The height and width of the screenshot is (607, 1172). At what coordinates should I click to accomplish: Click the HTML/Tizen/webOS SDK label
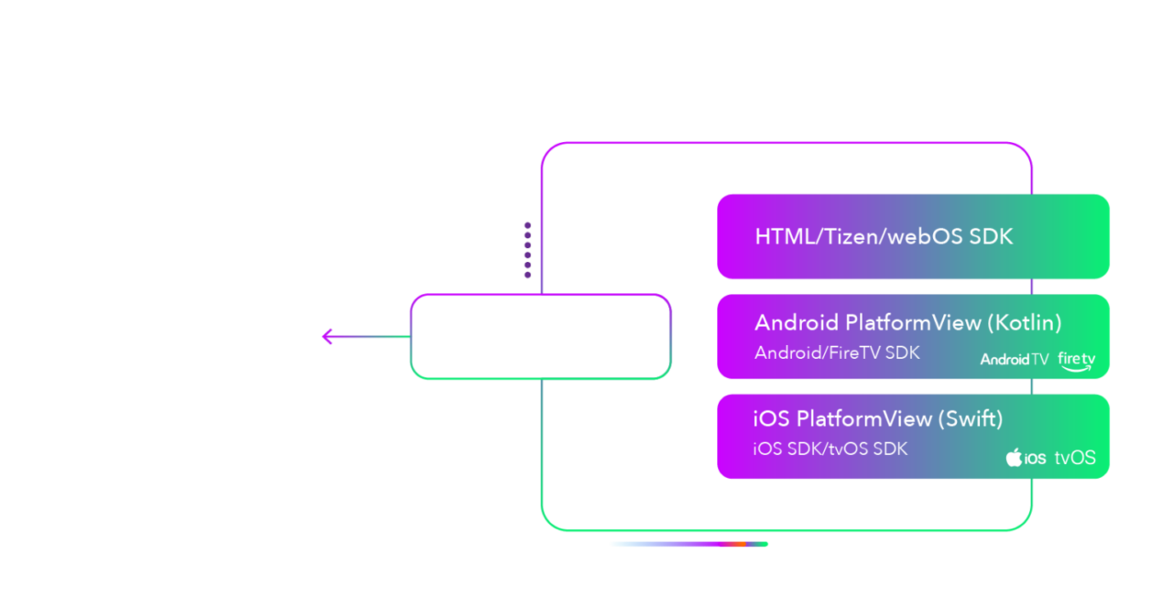click(x=884, y=236)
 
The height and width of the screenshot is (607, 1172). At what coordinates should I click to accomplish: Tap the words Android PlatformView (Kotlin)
click(x=907, y=323)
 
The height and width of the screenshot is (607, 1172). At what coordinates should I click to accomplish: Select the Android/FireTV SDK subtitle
click(x=837, y=352)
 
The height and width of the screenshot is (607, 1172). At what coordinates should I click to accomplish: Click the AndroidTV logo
click(x=1015, y=360)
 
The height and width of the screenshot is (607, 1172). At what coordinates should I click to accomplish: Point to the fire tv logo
click(x=1076, y=361)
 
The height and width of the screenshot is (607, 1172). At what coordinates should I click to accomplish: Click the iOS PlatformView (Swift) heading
click(x=877, y=418)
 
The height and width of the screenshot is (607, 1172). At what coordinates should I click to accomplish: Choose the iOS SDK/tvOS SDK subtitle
click(x=830, y=449)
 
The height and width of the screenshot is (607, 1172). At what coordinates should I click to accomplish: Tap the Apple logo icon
click(x=1014, y=457)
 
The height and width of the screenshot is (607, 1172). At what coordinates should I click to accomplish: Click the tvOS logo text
click(x=1075, y=458)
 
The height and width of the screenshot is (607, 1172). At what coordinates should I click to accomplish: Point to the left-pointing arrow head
click(x=328, y=337)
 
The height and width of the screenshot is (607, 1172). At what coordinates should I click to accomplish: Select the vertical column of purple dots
click(x=527, y=250)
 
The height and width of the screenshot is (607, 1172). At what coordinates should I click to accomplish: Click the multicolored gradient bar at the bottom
click(x=689, y=544)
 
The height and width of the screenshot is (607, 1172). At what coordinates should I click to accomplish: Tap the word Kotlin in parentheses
click(x=1025, y=323)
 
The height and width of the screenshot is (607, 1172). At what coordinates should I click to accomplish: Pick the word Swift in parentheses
click(x=970, y=418)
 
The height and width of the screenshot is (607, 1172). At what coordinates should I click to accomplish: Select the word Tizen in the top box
click(x=852, y=236)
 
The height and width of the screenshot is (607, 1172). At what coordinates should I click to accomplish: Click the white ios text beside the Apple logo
click(x=1035, y=459)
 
